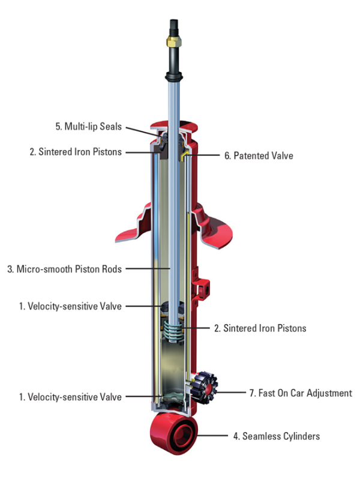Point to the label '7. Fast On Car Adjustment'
(300, 394)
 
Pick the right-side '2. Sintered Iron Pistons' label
(260, 328)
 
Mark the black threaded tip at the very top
(174, 24)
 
